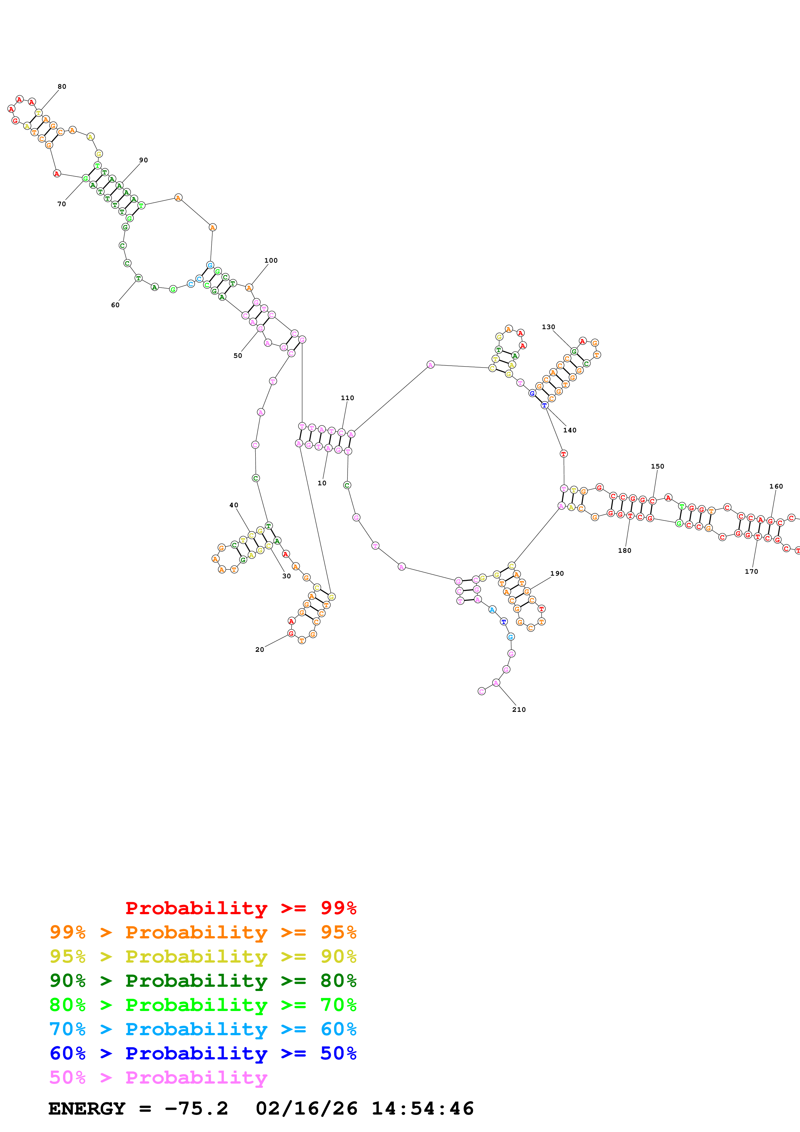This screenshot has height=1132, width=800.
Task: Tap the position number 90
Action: [x=143, y=160]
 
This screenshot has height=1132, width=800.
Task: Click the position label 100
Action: [x=271, y=261]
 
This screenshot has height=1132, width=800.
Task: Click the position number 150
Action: [x=658, y=466]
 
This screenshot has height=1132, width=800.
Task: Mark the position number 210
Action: [x=519, y=710]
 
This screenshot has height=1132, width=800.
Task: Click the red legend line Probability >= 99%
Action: [x=240, y=908]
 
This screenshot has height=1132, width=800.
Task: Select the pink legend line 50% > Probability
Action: [x=158, y=1077]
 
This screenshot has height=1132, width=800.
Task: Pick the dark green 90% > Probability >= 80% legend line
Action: [x=203, y=981]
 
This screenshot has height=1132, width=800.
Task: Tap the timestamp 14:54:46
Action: [x=422, y=1108]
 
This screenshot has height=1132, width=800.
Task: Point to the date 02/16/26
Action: [x=307, y=1108]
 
